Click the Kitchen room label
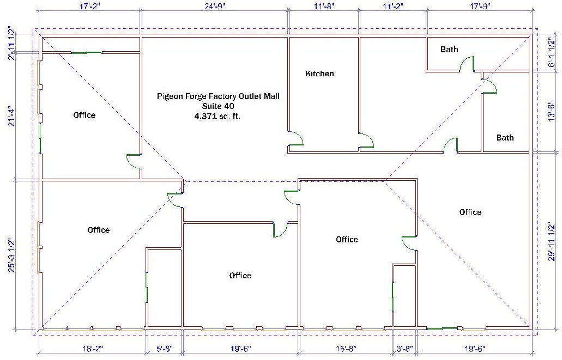point(319,74)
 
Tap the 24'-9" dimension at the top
point(215,6)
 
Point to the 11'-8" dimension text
point(324,6)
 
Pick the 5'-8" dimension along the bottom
point(165,349)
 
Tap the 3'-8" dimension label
point(405,349)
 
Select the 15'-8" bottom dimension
point(346,349)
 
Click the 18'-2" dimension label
point(92,349)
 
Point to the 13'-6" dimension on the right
point(552,112)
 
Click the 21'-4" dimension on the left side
point(12,117)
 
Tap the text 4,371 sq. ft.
point(217,116)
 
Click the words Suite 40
point(218,106)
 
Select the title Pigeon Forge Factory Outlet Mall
point(218,96)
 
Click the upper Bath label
point(449,50)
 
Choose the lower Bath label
point(505,138)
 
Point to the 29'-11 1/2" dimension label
point(552,241)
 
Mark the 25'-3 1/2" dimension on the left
point(12,255)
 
